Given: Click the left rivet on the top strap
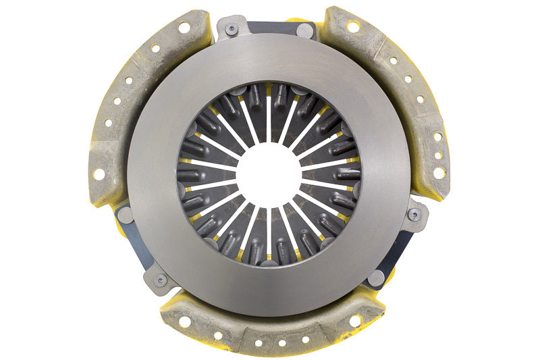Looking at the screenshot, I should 232,29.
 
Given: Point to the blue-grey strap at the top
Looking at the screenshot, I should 270,28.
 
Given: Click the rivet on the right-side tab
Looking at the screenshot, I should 414,214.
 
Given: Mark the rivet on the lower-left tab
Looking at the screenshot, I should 160,278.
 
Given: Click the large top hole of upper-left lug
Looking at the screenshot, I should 183,28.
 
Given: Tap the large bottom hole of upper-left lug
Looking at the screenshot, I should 99,174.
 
